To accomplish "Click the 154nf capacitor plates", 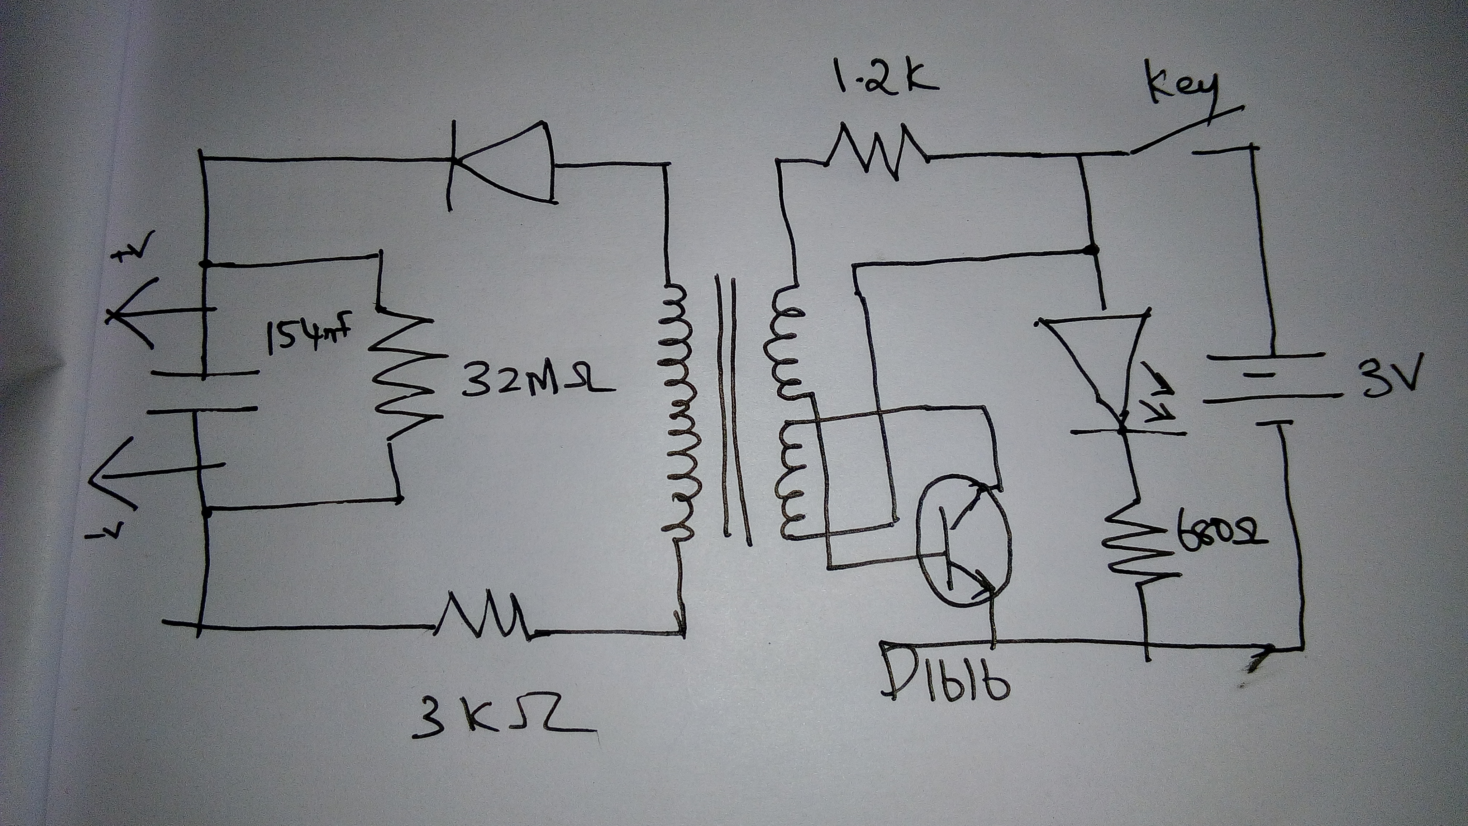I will coord(205,393).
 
